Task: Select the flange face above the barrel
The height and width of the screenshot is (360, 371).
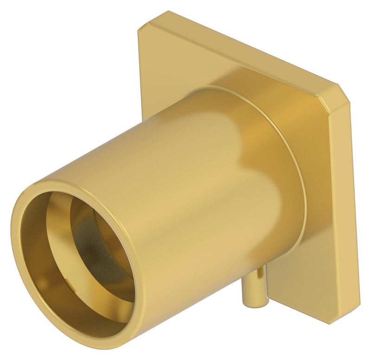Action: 195,65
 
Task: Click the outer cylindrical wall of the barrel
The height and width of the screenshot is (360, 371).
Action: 185,185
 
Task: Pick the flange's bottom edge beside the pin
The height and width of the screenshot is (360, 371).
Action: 297,313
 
